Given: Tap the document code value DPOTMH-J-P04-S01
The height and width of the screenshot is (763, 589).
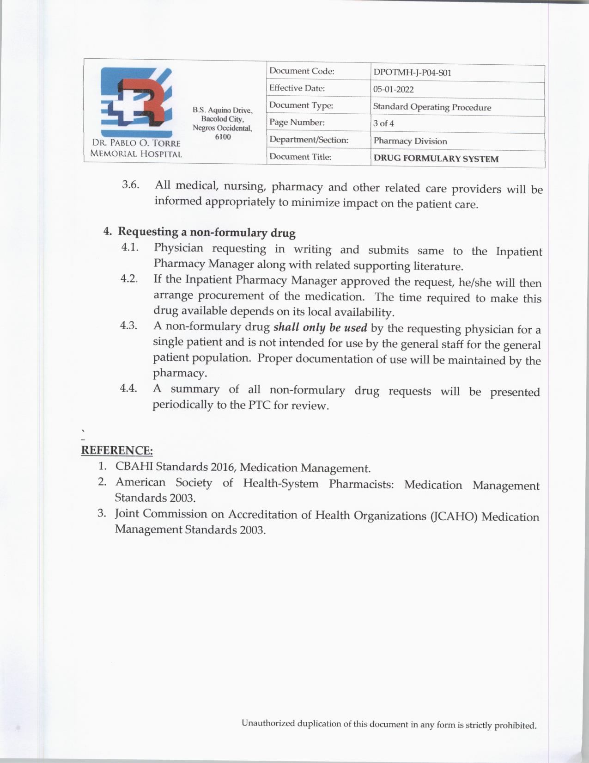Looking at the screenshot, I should coord(412,73).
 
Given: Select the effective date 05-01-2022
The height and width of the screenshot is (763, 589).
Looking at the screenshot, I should coord(393,89).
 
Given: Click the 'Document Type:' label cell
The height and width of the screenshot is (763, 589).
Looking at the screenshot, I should coord(301,105).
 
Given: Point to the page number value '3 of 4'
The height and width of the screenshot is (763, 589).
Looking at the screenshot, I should coord(383,123).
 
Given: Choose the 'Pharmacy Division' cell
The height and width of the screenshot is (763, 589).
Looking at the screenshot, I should coord(410,141).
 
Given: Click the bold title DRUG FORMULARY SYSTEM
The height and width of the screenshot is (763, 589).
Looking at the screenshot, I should coord(436,159).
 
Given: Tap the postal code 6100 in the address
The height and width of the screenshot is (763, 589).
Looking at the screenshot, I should coord(223,137).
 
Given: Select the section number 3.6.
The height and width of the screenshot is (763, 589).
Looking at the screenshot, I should coord(130,185).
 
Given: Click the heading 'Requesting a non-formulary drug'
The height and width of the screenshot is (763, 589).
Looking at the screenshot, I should coord(206,232).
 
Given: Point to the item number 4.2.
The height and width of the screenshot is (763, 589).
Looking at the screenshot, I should coord(129,279).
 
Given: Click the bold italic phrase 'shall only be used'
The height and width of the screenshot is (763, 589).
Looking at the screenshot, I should coord(320,327).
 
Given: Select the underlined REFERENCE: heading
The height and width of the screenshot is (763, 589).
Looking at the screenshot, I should coord(117,450).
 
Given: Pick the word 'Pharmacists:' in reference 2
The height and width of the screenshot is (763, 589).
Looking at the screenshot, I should coord(361,484).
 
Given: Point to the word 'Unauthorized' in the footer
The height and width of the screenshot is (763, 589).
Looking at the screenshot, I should coord(267,723).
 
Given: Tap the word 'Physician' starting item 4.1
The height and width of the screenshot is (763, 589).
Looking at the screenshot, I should coord(178,248).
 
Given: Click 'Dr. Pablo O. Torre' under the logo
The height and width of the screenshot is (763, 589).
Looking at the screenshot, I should coord(136,143).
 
